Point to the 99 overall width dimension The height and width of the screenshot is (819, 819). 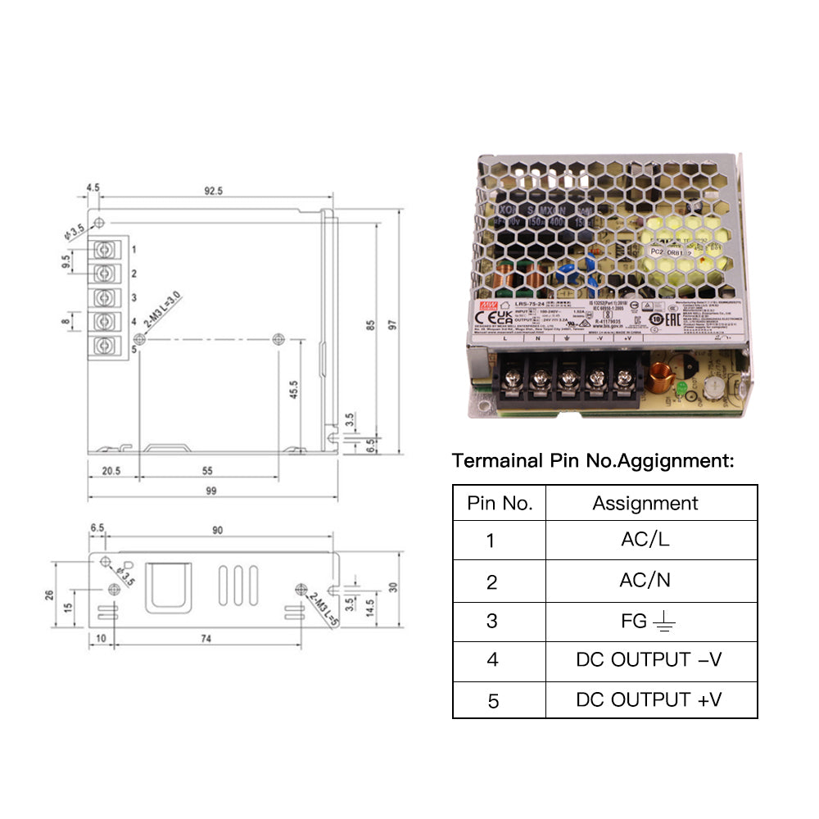point(211,491)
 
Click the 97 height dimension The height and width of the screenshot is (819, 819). point(393,324)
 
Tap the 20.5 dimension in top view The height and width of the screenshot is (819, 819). point(111,471)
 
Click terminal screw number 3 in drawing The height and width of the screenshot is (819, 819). point(104,296)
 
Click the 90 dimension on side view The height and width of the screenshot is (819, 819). point(217,531)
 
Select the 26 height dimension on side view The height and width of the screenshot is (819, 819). point(50,594)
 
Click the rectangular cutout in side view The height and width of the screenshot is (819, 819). point(170,587)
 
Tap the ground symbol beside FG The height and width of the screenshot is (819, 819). point(664,624)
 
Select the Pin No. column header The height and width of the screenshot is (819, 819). point(500,503)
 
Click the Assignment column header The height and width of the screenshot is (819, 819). point(645,503)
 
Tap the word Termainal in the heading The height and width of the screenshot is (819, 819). point(496,460)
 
